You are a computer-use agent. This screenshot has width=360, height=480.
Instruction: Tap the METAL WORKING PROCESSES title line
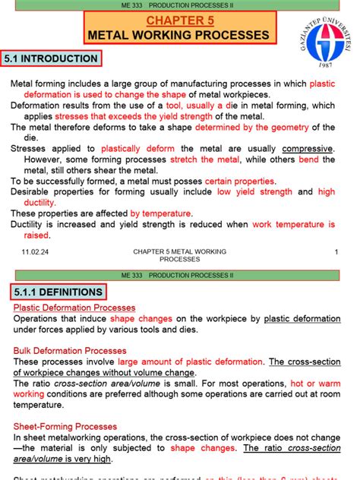click(179, 35)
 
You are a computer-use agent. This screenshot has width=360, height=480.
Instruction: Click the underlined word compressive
click(308, 149)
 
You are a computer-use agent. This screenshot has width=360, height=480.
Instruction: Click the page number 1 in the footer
click(335, 251)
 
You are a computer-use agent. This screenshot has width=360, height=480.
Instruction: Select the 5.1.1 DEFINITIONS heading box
click(58, 292)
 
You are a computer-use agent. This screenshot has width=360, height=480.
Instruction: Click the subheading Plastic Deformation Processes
click(74, 308)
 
